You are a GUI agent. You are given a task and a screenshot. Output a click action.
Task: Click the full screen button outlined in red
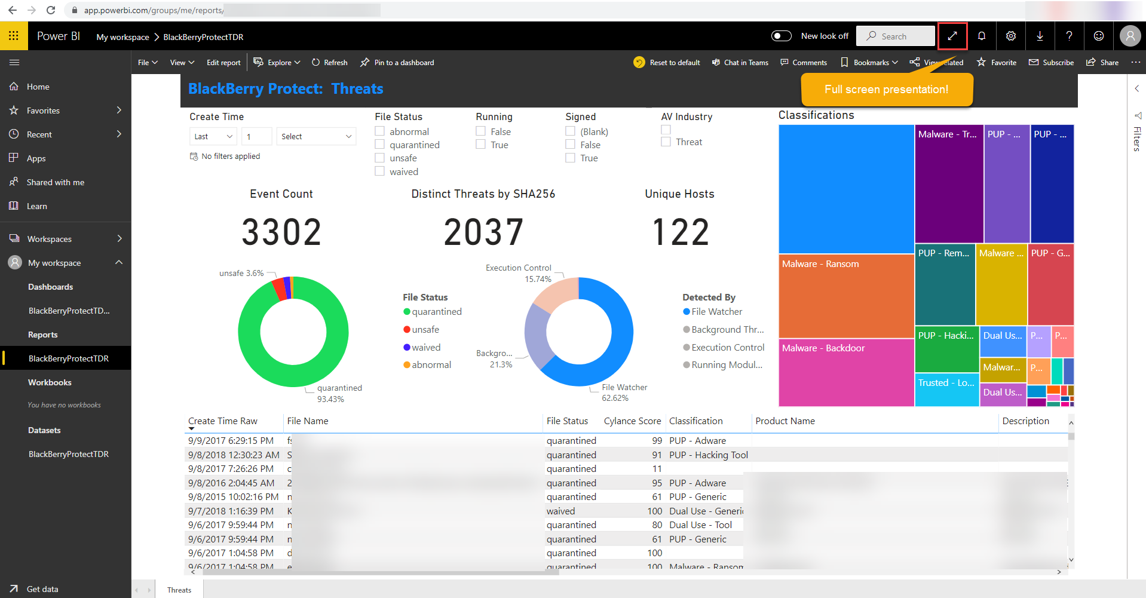coord(952,36)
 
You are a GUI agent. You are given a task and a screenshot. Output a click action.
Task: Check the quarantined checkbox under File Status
coord(380,145)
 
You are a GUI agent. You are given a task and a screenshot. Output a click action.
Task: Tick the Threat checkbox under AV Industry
coord(666,142)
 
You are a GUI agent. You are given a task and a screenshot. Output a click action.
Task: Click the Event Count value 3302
coord(281,232)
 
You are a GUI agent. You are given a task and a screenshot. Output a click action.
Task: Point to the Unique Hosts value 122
coord(681,232)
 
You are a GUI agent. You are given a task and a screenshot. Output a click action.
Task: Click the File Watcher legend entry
coord(716,312)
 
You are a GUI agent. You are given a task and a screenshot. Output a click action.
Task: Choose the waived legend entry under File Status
coord(425,348)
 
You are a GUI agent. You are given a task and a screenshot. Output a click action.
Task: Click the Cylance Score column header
coord(632,421)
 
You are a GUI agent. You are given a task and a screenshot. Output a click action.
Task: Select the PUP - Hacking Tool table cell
coord(708,455)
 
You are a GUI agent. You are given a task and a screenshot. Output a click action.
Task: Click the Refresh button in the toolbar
coord(330,63)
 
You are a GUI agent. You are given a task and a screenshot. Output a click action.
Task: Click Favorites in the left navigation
coord(43,111)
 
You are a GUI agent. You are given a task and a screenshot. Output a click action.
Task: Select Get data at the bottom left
coord(42,589)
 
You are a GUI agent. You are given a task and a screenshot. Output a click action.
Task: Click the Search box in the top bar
coord(895,36)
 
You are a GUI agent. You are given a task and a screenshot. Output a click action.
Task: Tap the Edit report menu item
coord(223,63)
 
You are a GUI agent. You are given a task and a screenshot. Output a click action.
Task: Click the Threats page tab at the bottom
coord(179,590)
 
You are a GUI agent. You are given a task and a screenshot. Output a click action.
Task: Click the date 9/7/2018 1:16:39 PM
coord(231,511)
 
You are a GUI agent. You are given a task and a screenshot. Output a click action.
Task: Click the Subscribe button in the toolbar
coord(1052,63)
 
